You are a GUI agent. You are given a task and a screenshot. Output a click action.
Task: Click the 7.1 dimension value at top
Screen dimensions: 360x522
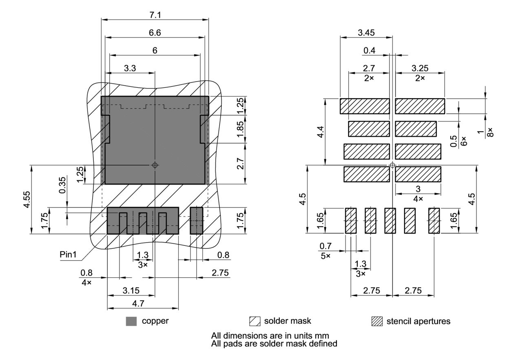[x=155, y=15]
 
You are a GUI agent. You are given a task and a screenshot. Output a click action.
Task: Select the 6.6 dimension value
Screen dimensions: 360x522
[x=155, y=33]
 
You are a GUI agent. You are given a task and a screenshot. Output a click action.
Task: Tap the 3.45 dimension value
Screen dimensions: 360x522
[x=366, y=33]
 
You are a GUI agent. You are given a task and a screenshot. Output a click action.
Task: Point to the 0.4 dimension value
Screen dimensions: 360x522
[x=370, y=50]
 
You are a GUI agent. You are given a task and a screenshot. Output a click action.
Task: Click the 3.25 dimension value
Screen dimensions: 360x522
[x=420, y=68]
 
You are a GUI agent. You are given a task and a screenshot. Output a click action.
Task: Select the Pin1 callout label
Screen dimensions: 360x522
[x=68, y=254]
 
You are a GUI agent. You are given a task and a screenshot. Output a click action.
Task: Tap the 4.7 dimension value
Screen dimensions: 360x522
[x=143, y=304]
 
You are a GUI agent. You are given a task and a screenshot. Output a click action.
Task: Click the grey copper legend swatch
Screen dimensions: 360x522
[x=131, y=321]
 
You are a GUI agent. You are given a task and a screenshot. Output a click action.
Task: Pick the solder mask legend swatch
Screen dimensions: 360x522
[x=254, y=321]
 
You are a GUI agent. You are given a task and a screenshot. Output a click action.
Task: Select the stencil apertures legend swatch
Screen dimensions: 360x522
[x=377, y=321]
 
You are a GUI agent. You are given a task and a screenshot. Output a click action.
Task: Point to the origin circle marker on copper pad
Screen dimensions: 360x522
[x=155, y=165]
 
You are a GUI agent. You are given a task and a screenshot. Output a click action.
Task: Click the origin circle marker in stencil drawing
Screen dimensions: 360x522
[x=392, y=165]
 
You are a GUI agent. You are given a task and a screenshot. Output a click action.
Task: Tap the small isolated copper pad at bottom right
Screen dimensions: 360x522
[x=197, y=220]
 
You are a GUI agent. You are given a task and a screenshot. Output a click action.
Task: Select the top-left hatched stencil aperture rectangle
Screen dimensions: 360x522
[x=365, y=106]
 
